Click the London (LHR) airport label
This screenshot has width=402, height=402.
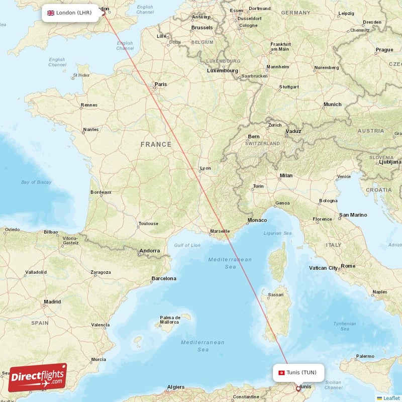click(73, 13)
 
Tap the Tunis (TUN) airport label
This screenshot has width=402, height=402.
click(301, 372)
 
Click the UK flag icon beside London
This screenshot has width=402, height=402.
click(51, 13)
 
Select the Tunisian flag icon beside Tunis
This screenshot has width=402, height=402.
click(281, 372)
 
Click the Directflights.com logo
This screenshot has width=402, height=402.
click(37, 377)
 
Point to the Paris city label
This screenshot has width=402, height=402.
click(160, 84)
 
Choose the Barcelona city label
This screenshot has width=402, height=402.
click(164, 278)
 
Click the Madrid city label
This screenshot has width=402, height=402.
click(52, 302)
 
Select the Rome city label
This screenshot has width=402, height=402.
click(348, 266)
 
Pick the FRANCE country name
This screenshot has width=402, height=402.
click(156, 144)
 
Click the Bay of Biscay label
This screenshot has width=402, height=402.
click(36, 182)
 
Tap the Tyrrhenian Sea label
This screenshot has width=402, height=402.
click(345, 326)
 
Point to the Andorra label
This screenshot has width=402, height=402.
click(149, 251)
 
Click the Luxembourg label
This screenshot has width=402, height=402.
click(223, 71)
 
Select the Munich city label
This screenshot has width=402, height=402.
click(332, 105)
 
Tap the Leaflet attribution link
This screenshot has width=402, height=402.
click(390, 398)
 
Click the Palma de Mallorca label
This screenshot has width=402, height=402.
click(170, 320)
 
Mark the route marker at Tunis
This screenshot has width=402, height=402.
click(298, 388)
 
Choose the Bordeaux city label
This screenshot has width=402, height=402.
click(100, 192)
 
